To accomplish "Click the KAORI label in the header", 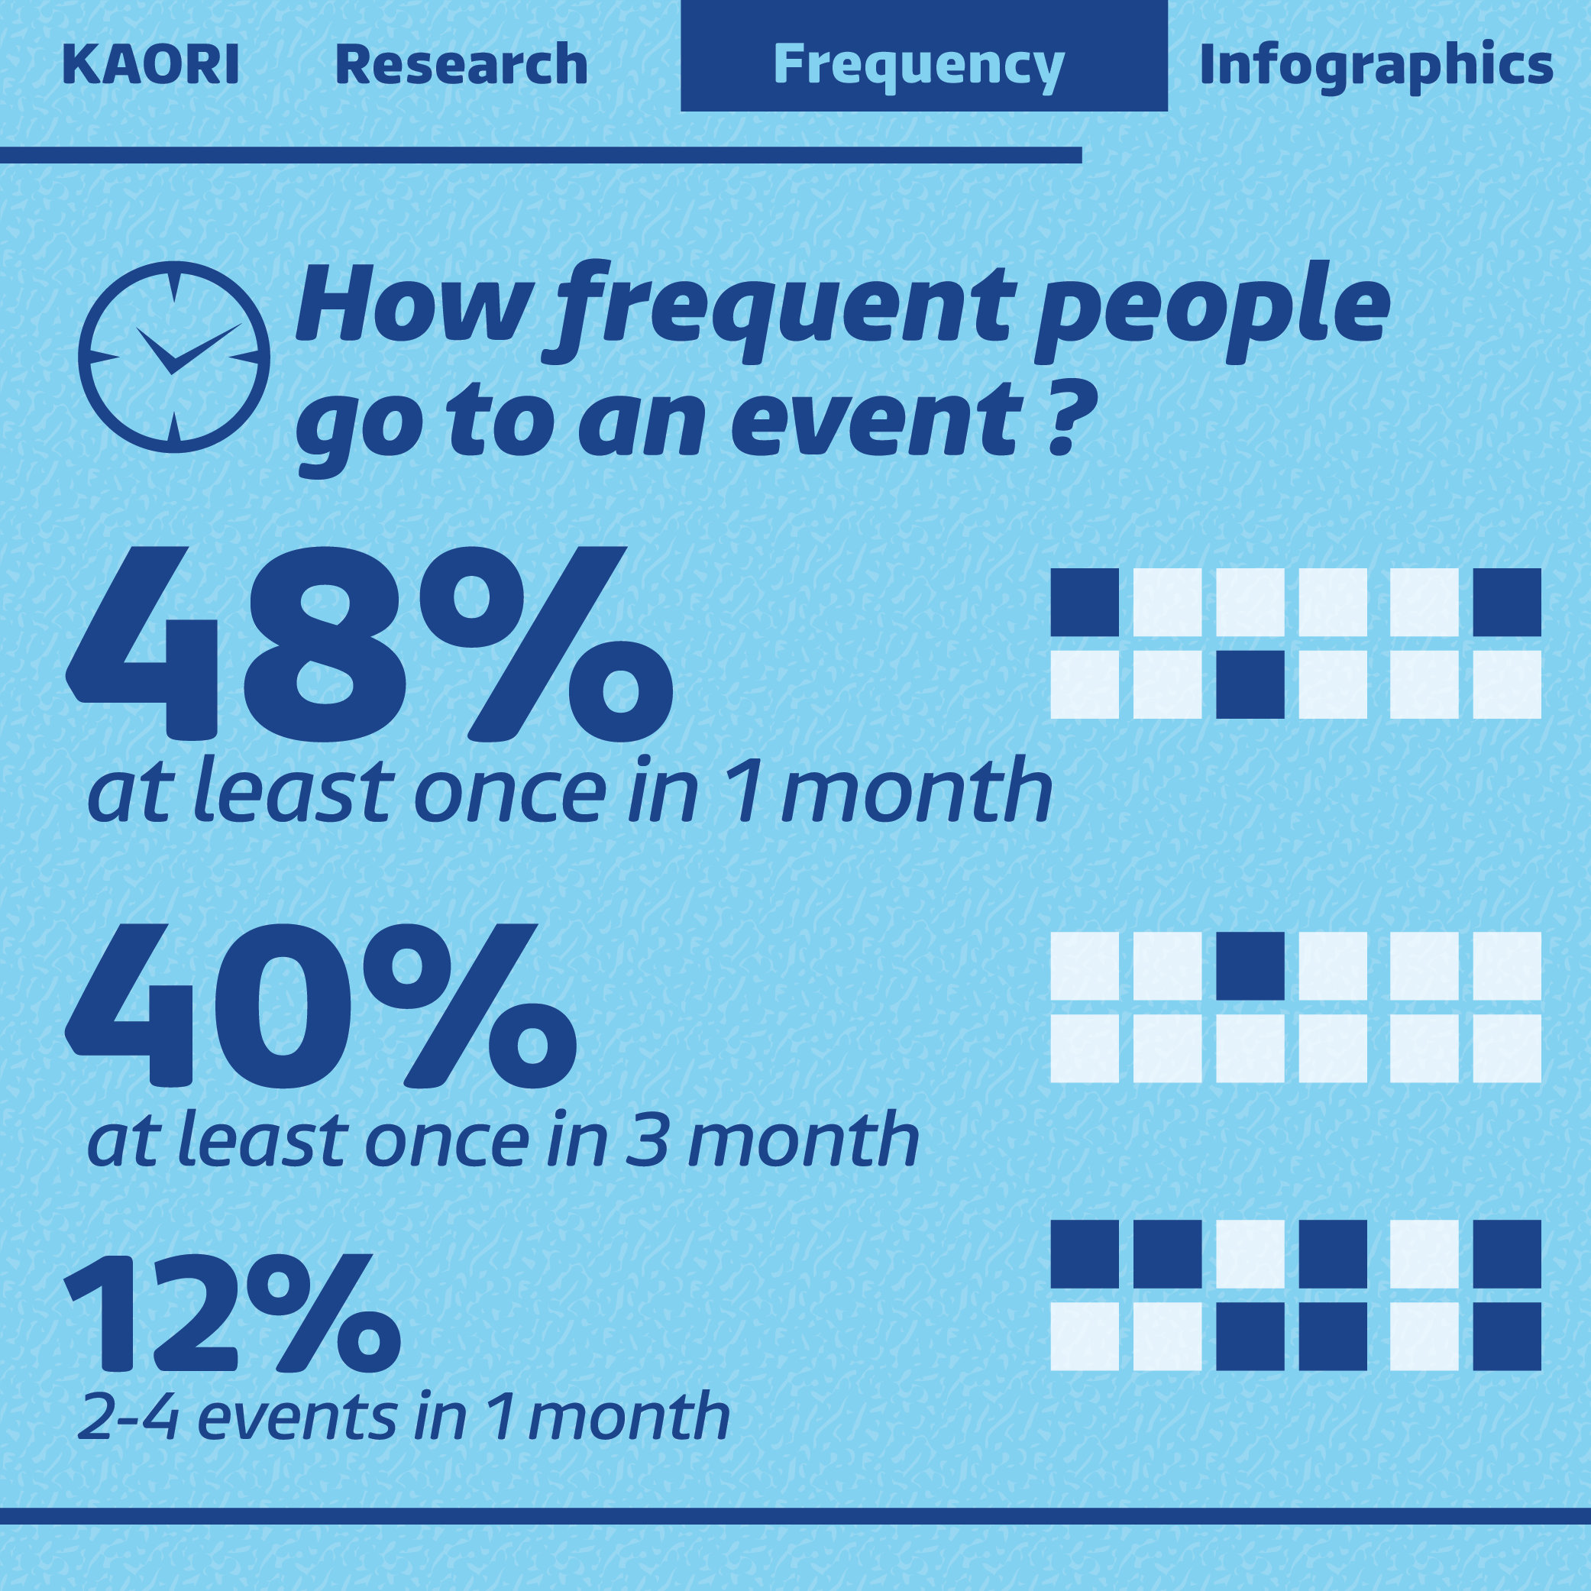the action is [x=150, y=65].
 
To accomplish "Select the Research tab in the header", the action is [x=461, y=65].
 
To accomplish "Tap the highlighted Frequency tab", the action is [x=924, y=56].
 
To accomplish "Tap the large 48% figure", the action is [x=370, y=643].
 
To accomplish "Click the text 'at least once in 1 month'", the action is [x=570, y=791].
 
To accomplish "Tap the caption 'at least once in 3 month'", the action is [x=503, y=1140].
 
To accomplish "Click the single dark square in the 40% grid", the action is [x=1250, y=966].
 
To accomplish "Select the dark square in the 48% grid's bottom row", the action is [x=1250, y=684].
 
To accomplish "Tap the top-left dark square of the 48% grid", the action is [x=1085, y=602].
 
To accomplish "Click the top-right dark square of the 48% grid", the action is [x=1507, y=602].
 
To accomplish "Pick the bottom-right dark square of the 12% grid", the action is [x=1507, y=1336].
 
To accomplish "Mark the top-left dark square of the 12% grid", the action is [x=1085, y=1254].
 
